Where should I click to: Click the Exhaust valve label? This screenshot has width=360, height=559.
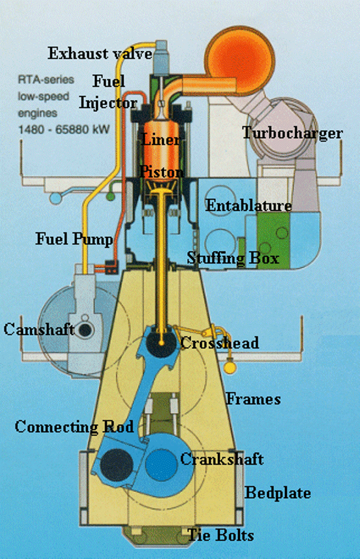tap(100, 54)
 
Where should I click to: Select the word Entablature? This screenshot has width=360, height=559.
tap(249, 205)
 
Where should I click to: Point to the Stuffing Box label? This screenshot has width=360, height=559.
tap(233, 258)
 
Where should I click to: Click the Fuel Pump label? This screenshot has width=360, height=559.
tap(74, 239)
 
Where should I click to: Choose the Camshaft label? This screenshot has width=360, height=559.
tap(39, 329)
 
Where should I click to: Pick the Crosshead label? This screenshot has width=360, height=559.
tap(219, 342)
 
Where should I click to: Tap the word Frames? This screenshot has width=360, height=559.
tap(253, 399)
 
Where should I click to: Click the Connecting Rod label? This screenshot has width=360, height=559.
tap(74, 427)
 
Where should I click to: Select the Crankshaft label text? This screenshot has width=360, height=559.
tap(221, 459)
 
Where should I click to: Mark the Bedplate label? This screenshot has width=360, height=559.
tap(278, 493)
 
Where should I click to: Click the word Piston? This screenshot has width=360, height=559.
tap(162, 171)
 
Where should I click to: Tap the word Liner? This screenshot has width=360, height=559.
tap(161, 139)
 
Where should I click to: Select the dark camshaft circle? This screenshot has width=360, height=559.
tap(85, 330)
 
